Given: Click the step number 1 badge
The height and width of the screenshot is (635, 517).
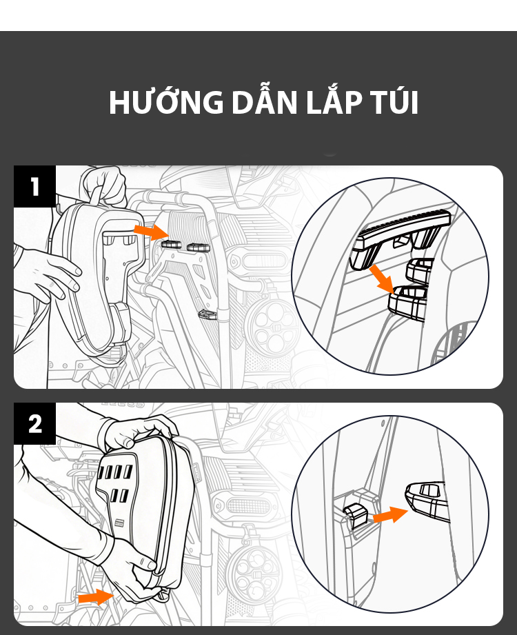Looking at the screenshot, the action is tap(35, 186).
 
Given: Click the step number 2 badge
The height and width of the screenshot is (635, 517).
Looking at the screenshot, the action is tap(35, 423).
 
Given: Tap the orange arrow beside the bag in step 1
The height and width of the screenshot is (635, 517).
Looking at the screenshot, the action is tap(152, 231).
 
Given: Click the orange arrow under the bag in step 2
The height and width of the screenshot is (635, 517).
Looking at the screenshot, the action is tap(96, 597).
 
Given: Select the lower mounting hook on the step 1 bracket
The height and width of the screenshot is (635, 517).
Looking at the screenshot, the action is tap(206, 314).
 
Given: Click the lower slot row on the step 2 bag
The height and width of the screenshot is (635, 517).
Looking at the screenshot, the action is tap(119, 496).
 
